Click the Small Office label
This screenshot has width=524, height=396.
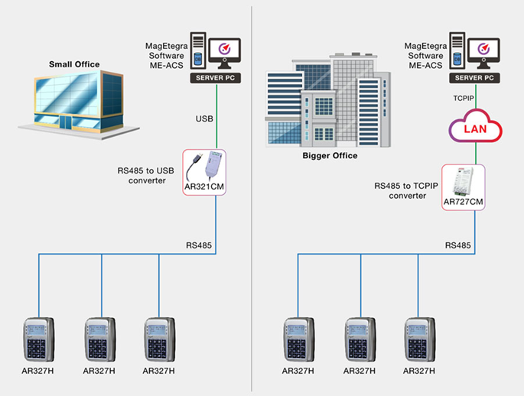(x=74, y=64)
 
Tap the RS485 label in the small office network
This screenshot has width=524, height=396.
(x=199, y=246)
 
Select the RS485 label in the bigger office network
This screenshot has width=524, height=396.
(x=459, y=246)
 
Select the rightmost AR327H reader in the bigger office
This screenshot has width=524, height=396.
(x=420, y=337)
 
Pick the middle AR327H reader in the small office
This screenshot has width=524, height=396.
(x=99, y=337)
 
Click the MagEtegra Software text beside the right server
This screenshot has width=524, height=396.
(x=425, y=56)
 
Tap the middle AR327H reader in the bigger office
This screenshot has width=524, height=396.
(x=359, y=337)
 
